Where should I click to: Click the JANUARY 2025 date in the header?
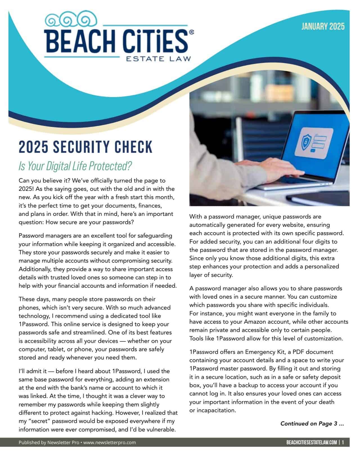point(323,27)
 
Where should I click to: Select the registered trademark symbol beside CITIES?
point(191,33)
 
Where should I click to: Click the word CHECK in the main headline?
point(133,147)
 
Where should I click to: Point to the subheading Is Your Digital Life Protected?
point(75,166)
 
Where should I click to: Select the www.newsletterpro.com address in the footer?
point(110,443)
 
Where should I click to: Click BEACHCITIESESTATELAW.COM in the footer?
point(312,443)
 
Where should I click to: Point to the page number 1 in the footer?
point(343,443)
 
